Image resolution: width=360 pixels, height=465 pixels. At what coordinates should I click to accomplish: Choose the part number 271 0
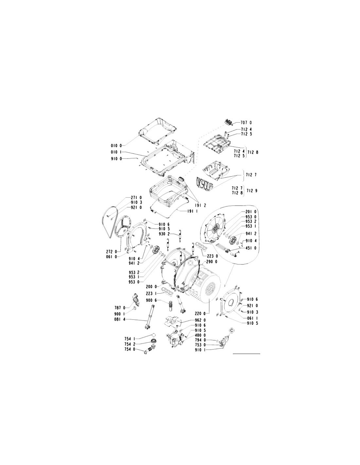[136, 198]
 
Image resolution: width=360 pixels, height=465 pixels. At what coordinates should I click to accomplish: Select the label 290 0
[211, 262]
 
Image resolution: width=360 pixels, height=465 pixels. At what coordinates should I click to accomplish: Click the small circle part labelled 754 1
[153, 341]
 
